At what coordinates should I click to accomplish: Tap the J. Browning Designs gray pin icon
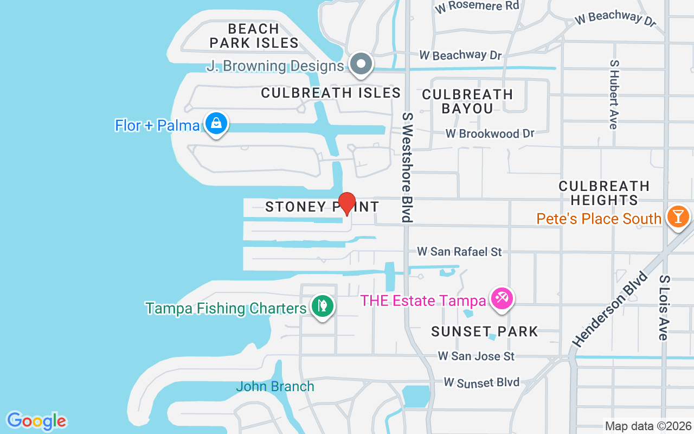tap(361, 65)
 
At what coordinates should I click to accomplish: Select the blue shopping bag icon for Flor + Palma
tap(216, 124)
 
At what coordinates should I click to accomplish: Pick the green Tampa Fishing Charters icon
tap(323, 307)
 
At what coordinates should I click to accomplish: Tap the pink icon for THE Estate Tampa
tap(502, 299)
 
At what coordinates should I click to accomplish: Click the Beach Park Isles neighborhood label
tap(254, 36)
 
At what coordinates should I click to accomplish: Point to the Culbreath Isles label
tap(331, 93)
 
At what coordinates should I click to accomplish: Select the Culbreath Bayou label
tap(467, 101)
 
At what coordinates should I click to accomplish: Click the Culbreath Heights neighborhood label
tap(604, 193)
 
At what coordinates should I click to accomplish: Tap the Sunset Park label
tap(485, 331)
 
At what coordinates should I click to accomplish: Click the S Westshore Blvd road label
tap(407, 167)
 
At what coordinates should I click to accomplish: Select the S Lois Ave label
tap(664, 308)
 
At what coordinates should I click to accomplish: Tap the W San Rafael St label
tap(459, 252)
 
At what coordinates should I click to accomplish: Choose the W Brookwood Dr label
tap(490, 133)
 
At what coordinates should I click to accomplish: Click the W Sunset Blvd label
tap(481, 382)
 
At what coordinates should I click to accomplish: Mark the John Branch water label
tap(275, 386)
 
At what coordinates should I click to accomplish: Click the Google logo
tap(36, 420)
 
